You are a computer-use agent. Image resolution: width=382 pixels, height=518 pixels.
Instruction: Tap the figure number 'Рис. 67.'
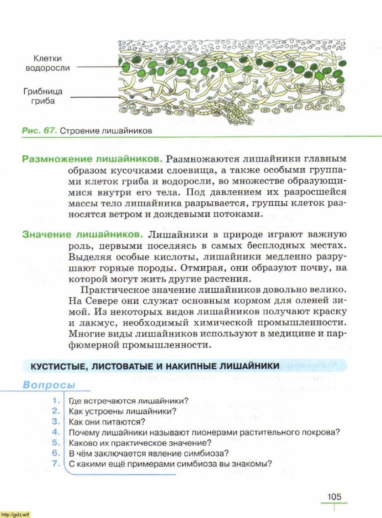pos(39,130)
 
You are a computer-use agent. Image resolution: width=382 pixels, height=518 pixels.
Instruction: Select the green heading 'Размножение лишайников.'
pos(92,160)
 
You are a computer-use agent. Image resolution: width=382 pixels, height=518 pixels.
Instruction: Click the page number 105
pos(334,496)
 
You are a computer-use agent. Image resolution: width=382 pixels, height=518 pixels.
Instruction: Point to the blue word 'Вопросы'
pos(48,385)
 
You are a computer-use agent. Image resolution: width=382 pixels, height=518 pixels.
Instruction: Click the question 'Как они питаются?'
pos(107,422)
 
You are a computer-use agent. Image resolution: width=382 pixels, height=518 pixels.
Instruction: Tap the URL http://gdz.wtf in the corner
pos(15,515)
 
